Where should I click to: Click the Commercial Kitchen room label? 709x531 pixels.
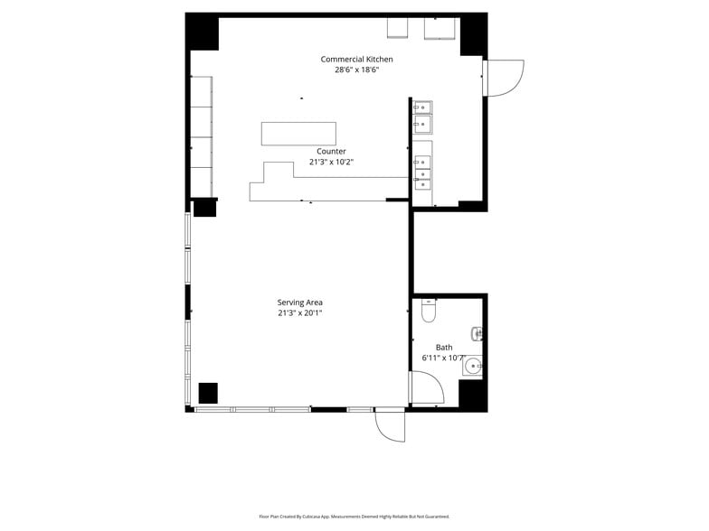(x=356, y=60)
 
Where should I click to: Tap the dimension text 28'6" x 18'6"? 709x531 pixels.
(x=356, y=70)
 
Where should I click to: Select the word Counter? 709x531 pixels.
(x=331, y=152)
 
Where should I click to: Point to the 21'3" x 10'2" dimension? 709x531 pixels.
(x=331, y=163)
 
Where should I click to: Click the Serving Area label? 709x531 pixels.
(x=299, y=303)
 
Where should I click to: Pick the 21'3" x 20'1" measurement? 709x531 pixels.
(x=299, y=313)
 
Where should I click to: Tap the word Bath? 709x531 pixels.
(x=444, y=348)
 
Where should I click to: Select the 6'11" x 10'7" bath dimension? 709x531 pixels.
(x=443, y=358)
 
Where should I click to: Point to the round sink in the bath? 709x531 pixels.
(x=473, y=366)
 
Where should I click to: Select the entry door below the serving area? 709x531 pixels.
(x=391, y=425)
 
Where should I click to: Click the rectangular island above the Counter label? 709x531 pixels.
(x=298, y=133)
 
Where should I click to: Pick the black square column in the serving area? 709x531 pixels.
(x=208, y=393)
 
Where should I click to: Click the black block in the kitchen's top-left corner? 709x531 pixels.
(x=203, y=32)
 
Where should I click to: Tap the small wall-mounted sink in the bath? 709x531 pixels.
(x=477, y=334)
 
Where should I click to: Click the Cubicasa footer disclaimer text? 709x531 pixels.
(x=354, y=517)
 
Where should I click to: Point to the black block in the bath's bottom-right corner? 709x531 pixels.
(x=473, y=394)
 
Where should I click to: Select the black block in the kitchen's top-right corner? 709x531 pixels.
(x=473, y=34)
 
